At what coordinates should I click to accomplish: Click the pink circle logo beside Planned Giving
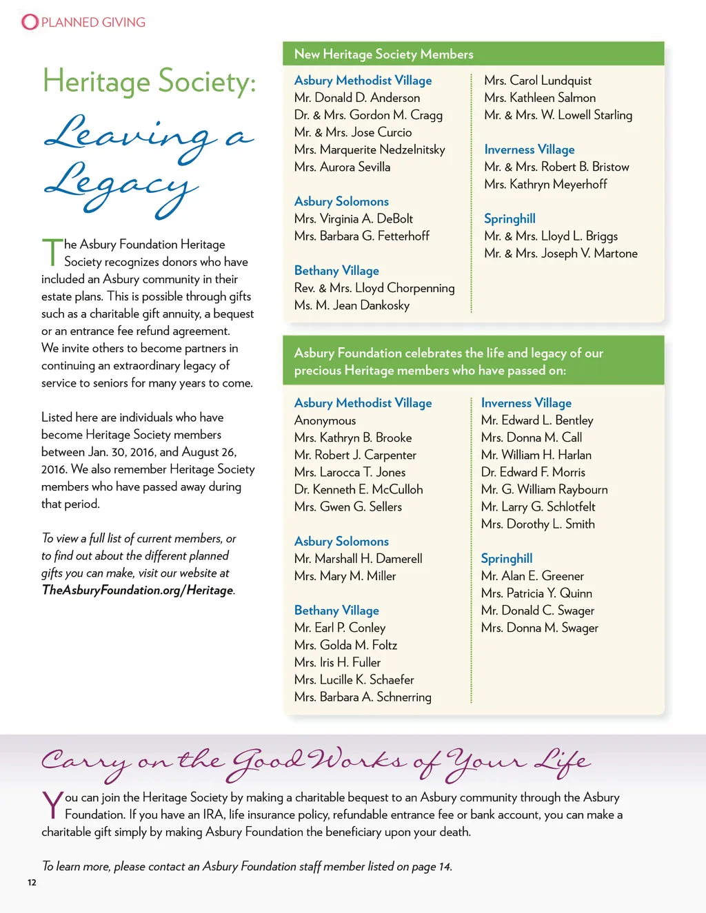[x=30, y=22]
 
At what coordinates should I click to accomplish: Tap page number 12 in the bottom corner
[x=32, y=883]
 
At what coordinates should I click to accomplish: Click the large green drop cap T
[x=52, y=252]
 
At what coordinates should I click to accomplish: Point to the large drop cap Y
[x=52, y=805]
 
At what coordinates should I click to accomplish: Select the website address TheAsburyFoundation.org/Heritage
[x=138, y=591]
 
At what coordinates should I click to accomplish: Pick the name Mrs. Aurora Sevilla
[x=342, y=167]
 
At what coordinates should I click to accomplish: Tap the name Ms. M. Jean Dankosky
[x=352, y=305]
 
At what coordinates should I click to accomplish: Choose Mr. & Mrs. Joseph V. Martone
[x=561, y=254]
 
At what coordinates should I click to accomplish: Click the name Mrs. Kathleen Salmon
[x=540, y=98]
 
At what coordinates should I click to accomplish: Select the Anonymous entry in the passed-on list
[x=325, y=420]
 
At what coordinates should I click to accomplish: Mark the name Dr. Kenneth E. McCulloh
[x=359, y=489]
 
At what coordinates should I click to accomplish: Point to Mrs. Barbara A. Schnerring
[x=363, y=697]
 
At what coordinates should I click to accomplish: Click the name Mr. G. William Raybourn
[x=544, y=489]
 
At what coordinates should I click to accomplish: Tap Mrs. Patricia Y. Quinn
[x=536, y=593]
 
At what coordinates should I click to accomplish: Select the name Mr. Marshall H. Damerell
[x=358, y=559]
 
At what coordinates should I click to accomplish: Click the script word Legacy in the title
[x=121, y=185]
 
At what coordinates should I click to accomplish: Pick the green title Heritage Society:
[x=149, y=81]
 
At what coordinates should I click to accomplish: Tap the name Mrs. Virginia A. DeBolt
[x=353, y=218]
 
